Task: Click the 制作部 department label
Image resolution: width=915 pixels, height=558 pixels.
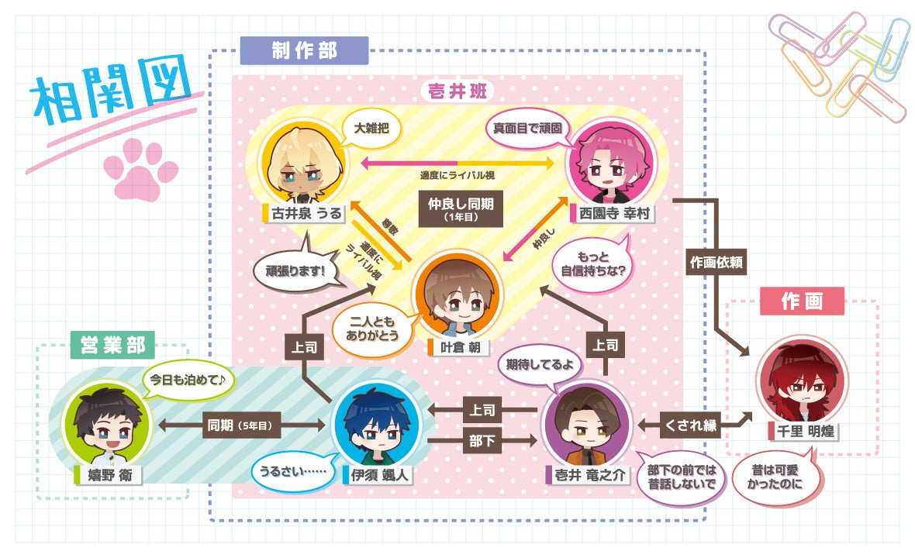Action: [x=303, y=50]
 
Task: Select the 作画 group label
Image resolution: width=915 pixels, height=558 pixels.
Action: [x=802, y=301]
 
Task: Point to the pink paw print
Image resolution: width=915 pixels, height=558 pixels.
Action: [x=140, y=169]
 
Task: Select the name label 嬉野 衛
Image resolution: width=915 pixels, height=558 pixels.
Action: [x=109, y=475]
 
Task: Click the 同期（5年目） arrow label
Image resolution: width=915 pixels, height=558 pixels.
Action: [x=242, y=424]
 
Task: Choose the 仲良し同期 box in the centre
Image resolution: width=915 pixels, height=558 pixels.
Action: [x=461, y=207]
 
